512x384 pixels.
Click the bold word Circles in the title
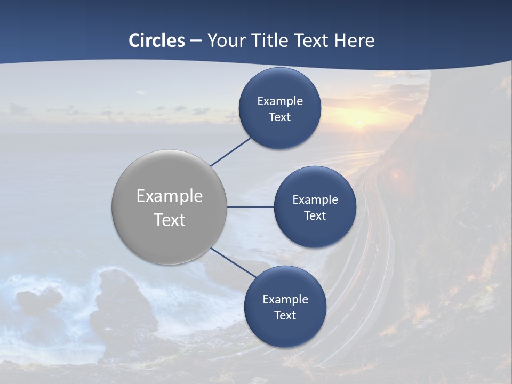157,41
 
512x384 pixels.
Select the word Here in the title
354,41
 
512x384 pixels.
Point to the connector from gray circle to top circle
230,152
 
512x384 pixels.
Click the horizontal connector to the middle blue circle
250,207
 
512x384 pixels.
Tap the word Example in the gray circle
170,196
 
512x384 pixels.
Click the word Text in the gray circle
170,220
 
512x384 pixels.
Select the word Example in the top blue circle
279,101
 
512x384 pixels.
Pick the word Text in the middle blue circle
315,216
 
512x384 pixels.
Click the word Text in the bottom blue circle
285,316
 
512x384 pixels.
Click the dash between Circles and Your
196,41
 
